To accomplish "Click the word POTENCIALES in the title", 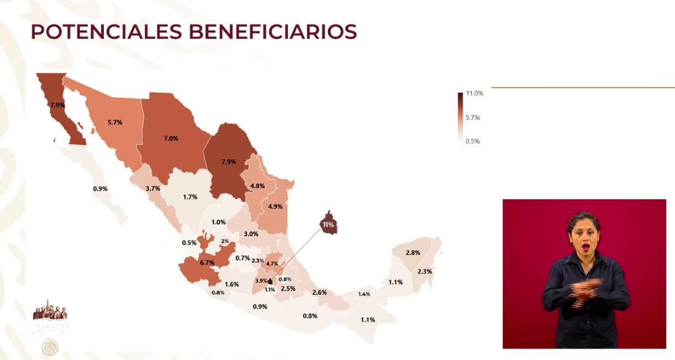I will coord(104,32).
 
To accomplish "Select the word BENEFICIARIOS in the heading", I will coord(270,32).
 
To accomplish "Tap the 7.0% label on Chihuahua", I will coord(171,138).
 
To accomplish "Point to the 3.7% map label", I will coord(153,188).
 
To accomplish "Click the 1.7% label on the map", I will coord(190,197).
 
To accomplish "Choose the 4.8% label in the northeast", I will coord(257,186).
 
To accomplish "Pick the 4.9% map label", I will coord(275,206).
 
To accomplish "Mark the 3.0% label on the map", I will coord(251,234).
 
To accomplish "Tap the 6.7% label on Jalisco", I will coord(207,263).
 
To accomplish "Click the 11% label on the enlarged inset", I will coord(329,225).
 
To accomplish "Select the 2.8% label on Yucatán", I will coord(413,252).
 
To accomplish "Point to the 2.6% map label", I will coord(319,292).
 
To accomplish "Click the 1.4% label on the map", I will coord(364,294).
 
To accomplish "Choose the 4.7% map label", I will coord(272,264).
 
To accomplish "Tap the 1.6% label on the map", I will coord(232,284).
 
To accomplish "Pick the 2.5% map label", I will coord(287,289).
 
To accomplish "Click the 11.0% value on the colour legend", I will coord(474,93).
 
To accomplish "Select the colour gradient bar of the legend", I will coord(460,117).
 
